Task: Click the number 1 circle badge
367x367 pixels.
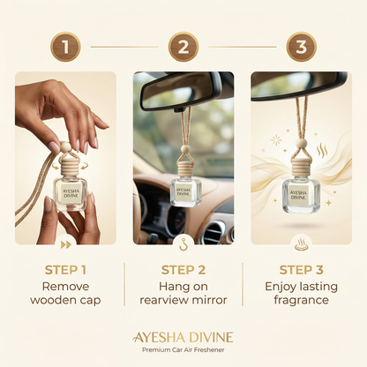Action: pyautogui.click(x=65, y=46)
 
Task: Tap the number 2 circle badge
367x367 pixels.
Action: pyautogui.click(x=183, y=46)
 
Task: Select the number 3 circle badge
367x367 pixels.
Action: pyautogui.click(x=302, y=46)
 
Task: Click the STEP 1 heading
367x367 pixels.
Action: pyautogui.click(x=65, y=270)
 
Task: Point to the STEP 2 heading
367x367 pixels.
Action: pyautogui.click(x=183, y=270)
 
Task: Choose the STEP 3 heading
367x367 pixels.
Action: pyautogui.click(x=302, y=270)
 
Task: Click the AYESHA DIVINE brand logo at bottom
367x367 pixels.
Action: pyautogui.click(x=183, y=337)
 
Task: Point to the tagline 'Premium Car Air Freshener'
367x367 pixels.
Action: pyautogui.click(x=183, y=353)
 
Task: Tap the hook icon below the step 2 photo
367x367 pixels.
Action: pyautogui.click(x=183, y=241)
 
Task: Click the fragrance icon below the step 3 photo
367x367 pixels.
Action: pyautogui.click(x=302, y=241)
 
